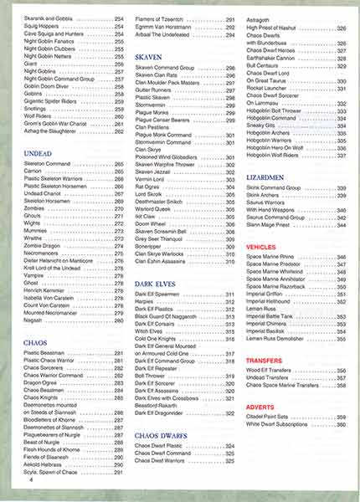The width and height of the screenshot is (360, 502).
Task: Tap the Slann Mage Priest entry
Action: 273,226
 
